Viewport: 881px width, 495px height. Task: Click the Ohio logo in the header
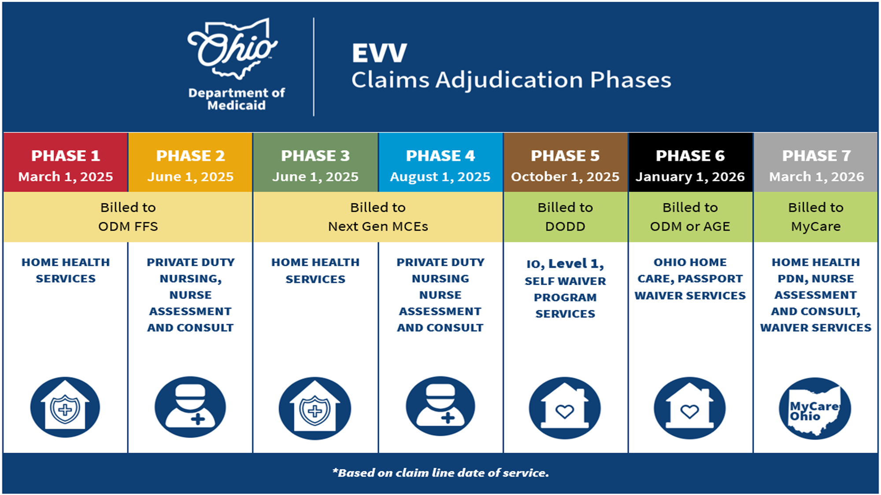tap(233, 48)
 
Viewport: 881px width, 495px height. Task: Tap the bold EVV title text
tap(379, 53)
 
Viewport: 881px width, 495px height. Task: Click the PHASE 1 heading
tap(66, 156)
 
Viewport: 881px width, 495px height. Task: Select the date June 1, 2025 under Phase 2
tap(190, 177)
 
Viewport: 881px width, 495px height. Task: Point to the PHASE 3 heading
tap(315, 156)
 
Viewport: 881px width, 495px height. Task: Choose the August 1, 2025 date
tap(440, 177)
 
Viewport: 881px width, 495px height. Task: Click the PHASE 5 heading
tap(565, 156)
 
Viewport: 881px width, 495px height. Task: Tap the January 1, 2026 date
tap(690, 177)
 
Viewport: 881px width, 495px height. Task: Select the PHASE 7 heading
tap(816, 156)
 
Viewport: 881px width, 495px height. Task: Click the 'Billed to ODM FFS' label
tap(128, 217)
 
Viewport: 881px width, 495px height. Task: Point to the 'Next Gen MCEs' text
tap(378, 227)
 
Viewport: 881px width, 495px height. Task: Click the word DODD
tap(565, 227)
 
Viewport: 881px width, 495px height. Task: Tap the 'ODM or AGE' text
tap(690, 227)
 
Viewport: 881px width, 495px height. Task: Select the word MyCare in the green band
tap(816, 227)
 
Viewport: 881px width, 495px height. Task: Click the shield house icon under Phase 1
tap(65, 407)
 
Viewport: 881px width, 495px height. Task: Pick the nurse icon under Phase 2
tap(190, 407)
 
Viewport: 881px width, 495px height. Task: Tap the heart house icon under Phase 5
tap(565, 408)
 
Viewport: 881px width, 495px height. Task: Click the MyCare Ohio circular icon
tap(815, 408)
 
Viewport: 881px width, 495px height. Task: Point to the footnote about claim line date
tap(440, 473)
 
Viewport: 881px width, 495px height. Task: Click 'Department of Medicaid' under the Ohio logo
tap(237, 99)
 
